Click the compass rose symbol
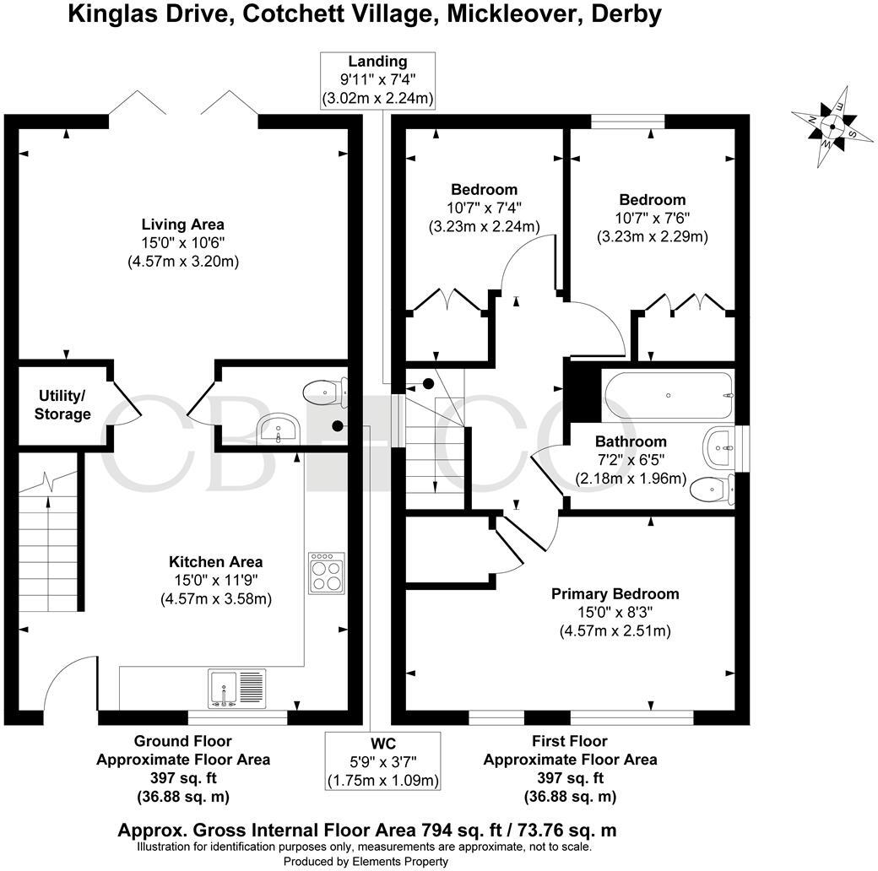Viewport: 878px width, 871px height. pyautogui.click(x=832, y=127)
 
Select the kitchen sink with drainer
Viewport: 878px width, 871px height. pyautogui.click(x=236, y=688)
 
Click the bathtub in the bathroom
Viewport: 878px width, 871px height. pyautogui.click(x=667, y=395)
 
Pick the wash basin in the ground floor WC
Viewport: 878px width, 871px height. pyautogui.click(x=278, y=430)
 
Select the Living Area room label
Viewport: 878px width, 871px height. pyautogui.click(x=182, y=225)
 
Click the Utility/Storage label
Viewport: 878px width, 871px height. pyautogui.click(x=62, y=404)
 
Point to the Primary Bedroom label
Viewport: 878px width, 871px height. pyautogui.click(x=615, y=593)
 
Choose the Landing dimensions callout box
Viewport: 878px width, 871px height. pyautogui.click(x=377, y=80)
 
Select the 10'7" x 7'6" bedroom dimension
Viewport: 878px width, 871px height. pyautogui.click(x=652, y=219)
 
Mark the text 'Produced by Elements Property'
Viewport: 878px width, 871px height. pyautogui.click(x=365, y=862)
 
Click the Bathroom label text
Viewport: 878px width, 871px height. pyautogui.click(x=630, y=441)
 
